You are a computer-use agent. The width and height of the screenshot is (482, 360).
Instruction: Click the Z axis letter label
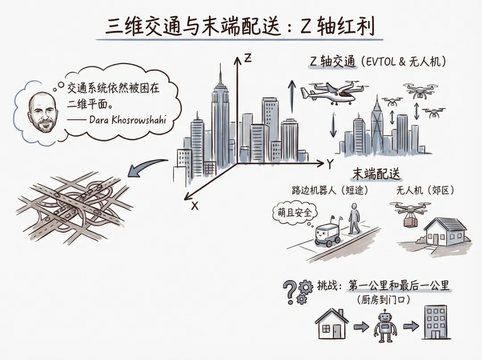pyautogui.click(x=248, y=59)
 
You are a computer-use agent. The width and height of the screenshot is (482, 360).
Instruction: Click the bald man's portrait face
pyautogui.click(x=42, y=112)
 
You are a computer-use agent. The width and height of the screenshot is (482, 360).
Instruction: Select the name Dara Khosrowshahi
pyautogui.click(x=127, y=120)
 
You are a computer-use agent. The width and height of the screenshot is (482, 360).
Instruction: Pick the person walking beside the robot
pyautogui.click(x=354, y=219)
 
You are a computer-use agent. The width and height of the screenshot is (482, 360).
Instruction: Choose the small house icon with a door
pyautogui.click(x=332, y=324)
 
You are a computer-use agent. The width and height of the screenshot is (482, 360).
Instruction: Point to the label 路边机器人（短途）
pyautogui.click(x=330, y=191)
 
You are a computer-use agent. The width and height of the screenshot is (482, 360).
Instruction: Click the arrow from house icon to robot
pyautogui.click(x=359, y=327)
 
